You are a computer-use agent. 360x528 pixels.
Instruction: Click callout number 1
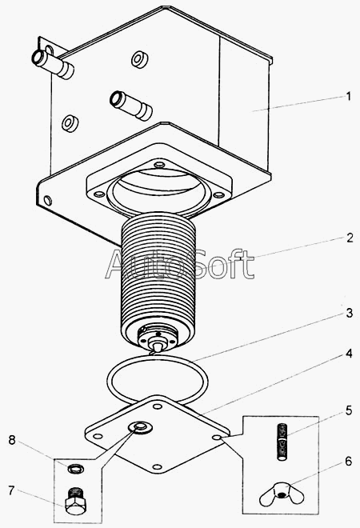[349, 97]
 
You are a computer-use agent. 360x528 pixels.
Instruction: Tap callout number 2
[350, 238]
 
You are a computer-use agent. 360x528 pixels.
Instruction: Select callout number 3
[350, 313]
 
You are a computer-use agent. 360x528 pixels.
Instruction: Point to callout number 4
[349, 354]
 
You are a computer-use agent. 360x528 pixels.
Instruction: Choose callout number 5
[349, 410]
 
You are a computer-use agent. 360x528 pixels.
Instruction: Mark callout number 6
[348, 462]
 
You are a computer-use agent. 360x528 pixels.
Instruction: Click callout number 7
[11, 490]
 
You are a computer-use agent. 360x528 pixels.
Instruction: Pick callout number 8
[12, 440]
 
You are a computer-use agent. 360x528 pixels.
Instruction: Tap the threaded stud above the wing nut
[282, 442]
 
